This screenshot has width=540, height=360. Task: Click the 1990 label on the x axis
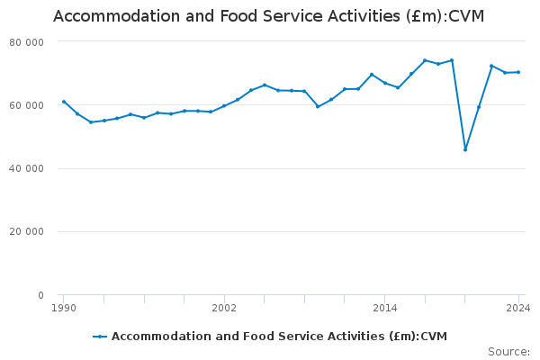point(63,308)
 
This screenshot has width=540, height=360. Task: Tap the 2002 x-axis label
point(224,308)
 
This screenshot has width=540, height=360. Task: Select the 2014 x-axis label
point(384,308)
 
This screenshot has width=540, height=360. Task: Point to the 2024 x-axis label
point(517,308)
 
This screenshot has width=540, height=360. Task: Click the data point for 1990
point(64,102)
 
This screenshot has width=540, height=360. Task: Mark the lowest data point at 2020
point(465,149)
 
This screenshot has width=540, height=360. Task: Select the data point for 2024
point(518,72)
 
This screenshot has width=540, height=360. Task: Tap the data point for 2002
point(224,105)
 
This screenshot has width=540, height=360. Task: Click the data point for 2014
point(384,83)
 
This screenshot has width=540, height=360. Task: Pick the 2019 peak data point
point(452,60)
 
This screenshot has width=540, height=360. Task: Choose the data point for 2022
point(491,66)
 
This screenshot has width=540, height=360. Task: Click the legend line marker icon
point(100,337)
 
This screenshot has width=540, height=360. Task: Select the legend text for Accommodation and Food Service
point(279,337)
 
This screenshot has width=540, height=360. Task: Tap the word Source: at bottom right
point(508,352)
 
